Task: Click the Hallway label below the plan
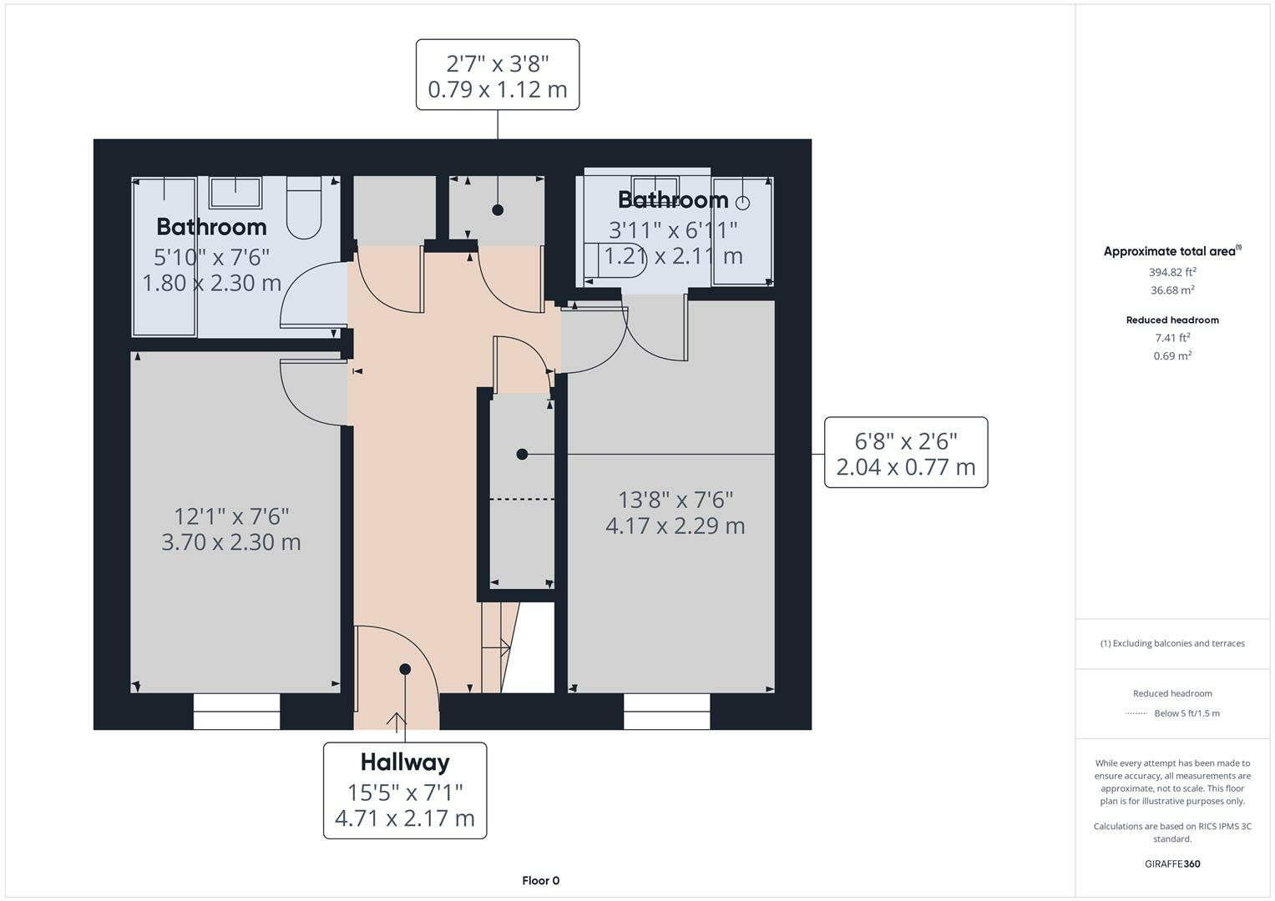(x=405, y=762)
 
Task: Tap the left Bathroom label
(x=211, y=227)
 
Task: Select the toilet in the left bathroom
(x=304, y=208)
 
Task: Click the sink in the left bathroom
(x=235, y=193)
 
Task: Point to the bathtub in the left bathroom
(x=164, y=256)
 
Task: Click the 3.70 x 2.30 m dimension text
(x=231, y=542)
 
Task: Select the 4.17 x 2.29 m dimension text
(x=675, y=526)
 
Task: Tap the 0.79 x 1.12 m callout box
(x=498, y=75)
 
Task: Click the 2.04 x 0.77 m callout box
(x=906, y=453)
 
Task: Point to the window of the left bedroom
(x=236, y=712)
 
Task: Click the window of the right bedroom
(x=666, y=712)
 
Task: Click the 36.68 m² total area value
(x=1172, y=290)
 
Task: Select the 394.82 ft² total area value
(x=1172, y=272)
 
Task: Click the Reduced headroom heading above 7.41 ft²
(x=1172, y=320)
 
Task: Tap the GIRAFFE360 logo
(x=1172, y=863)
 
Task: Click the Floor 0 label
(x=540, y=880)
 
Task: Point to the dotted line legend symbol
(x=1136, y=713)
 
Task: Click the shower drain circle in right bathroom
(x=742, y=203)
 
